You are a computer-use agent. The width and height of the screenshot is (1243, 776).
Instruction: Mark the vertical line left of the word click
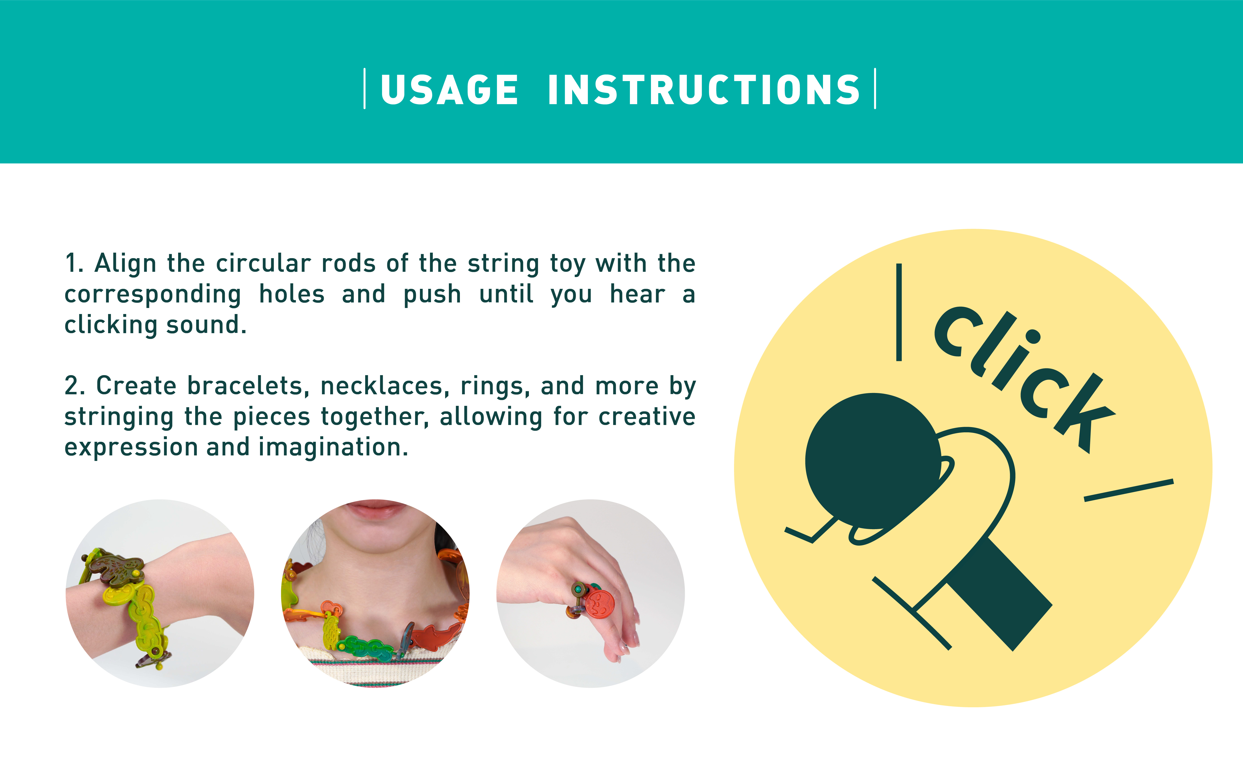[899, 312]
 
